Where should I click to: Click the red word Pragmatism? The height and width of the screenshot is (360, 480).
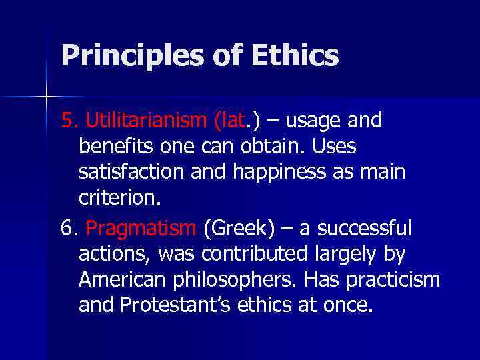pos(141,229)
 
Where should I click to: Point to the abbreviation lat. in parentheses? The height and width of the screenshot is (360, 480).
pos(233,121)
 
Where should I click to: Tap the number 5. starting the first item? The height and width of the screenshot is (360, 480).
pos(69,121)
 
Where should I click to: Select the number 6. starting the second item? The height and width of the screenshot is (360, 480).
pos(69,229)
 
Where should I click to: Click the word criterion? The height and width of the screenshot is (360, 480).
pos(119,197)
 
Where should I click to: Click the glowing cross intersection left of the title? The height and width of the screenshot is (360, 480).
pos(47,97)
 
